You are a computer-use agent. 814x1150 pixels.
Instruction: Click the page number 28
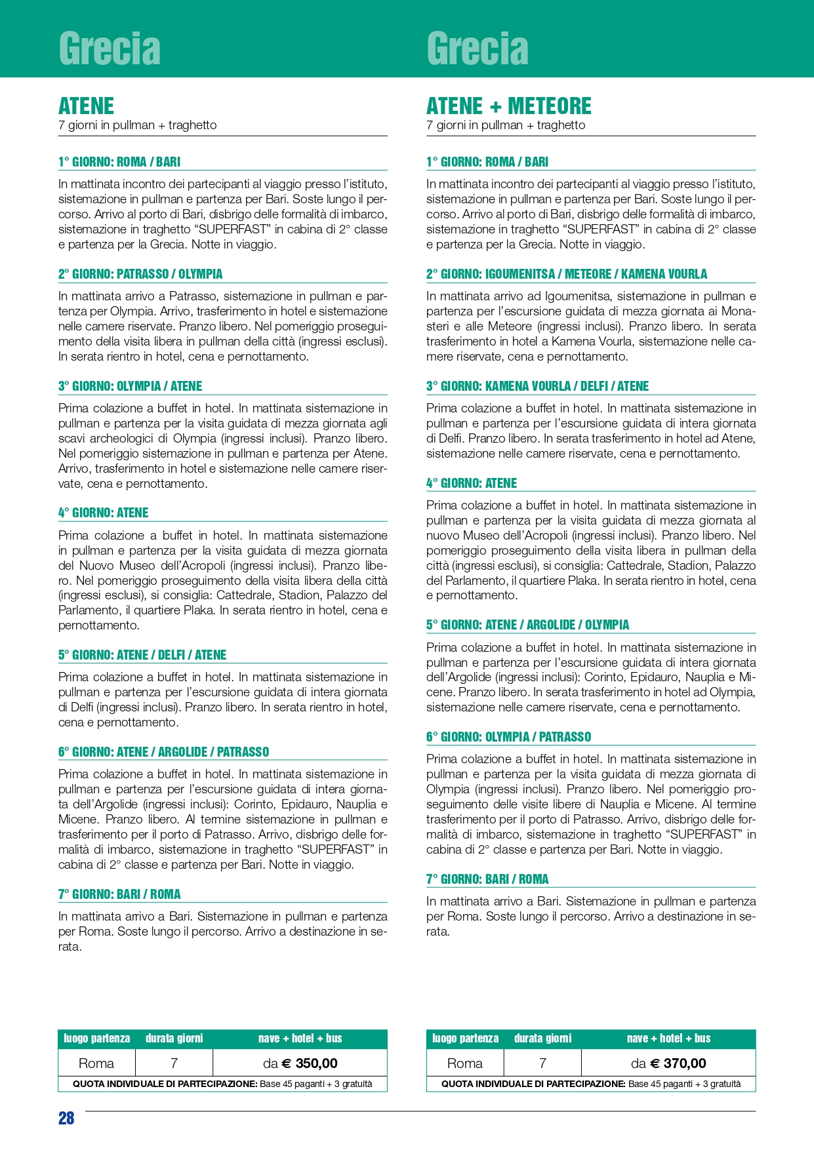pyautogui.click(x=66, y=1118)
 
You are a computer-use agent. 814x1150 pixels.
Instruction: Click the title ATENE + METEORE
pyautogui.click(x=508, y=106)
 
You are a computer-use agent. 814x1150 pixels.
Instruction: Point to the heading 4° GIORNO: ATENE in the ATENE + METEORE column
pyautogui.click(x=471, y=483)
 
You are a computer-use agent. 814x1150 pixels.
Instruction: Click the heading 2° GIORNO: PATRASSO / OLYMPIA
pyautogui.click(x=140, y=274)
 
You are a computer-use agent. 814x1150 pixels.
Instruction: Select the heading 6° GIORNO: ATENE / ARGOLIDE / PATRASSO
pyautogui.click(x=163, y=752)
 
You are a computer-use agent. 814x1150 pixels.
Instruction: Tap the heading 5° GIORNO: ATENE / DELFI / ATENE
pyautogui.click(x=142, y=655)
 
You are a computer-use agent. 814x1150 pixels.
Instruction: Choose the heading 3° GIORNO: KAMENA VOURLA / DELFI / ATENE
pyautogui.click(x=537, y=386)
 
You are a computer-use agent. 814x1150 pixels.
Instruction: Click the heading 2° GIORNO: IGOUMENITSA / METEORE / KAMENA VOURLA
pyautogui.click(x=566, y=274)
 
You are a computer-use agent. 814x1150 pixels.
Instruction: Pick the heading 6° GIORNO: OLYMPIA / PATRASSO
pyautogui.click(x=508, y=737)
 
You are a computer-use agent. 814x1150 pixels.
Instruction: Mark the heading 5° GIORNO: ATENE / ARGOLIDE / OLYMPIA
pyautogui.click(x=527, y=625)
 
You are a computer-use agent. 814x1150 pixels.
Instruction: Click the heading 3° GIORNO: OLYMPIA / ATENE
pyautogui.click(x=130, y=386)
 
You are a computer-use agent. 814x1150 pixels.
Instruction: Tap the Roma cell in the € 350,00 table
pyautogui.click(x=96, y=1063)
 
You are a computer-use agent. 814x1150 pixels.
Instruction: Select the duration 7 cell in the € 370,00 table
pyautogui.click(x=542, y=1063)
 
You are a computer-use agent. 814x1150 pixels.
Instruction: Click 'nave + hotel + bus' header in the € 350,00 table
pyautogui.click(x=300, y=1039)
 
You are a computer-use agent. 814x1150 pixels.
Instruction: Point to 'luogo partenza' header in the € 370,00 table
pyautogui.click(x=465, y=1039)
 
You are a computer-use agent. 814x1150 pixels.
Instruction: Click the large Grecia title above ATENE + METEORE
pyautogui.click(x=478, y=49)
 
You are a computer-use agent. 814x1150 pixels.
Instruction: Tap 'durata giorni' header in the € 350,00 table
pyautogui.click(x=174, y=1039)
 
